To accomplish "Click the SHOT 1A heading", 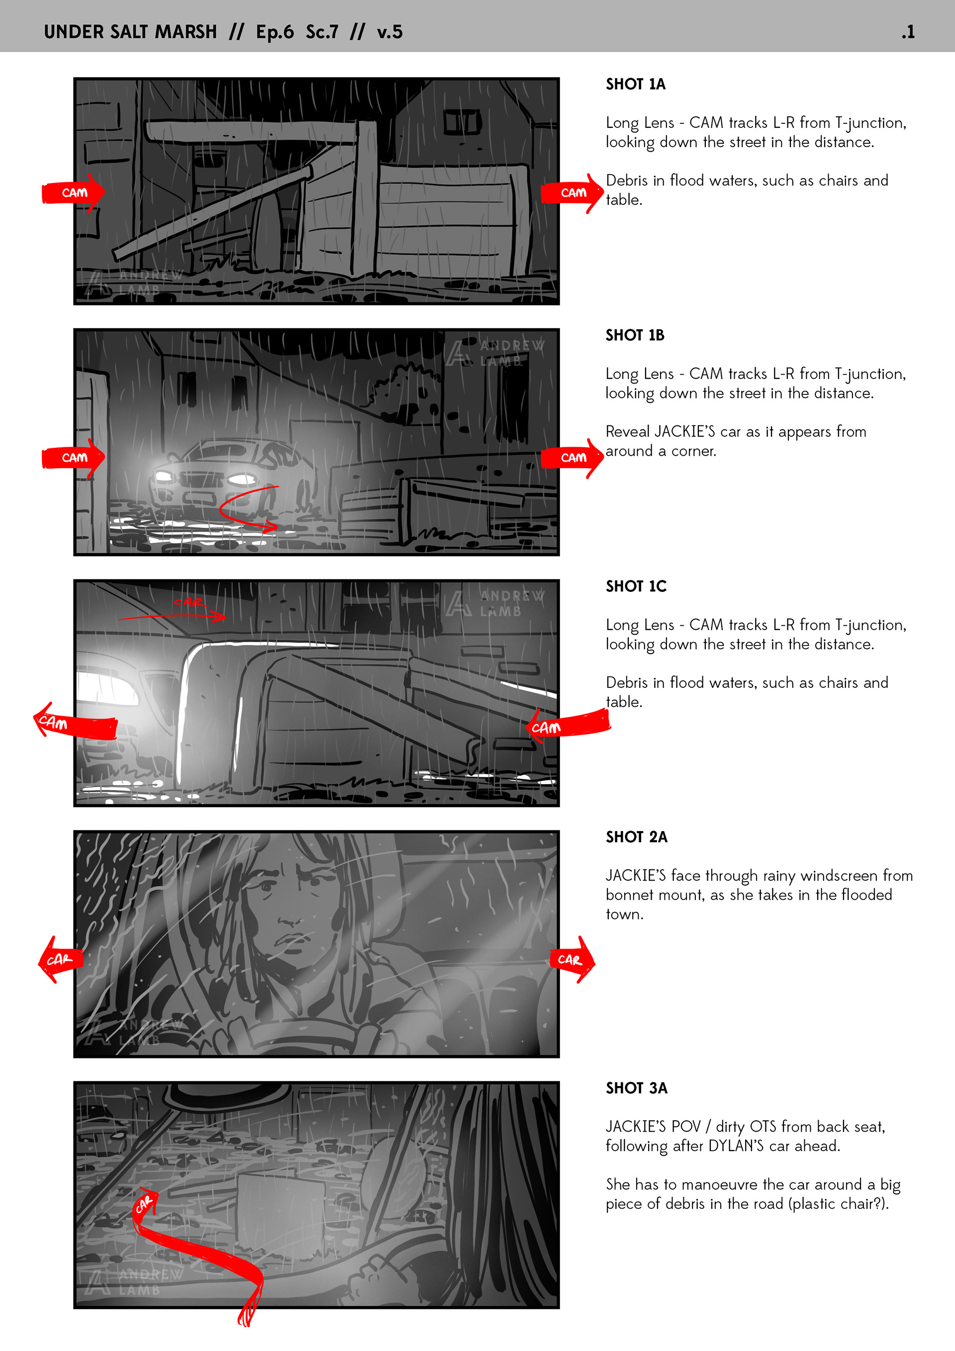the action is (x=636, y=84).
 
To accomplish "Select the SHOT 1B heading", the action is (x=635, y=335).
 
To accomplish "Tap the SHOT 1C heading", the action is (x=636, y=586).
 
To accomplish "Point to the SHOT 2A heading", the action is (x=637, y=837).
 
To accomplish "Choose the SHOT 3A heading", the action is (x=637, y=1088).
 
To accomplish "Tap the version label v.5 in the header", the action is (x=389, y=32).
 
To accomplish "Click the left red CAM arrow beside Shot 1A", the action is (x=74, y=193).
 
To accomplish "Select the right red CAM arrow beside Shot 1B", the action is (x=573, y=458).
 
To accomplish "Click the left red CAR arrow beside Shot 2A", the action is (x=60, y=960).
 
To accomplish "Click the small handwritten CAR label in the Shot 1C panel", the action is (x=189, y=602).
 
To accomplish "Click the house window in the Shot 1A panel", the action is (x=463, y=122).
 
